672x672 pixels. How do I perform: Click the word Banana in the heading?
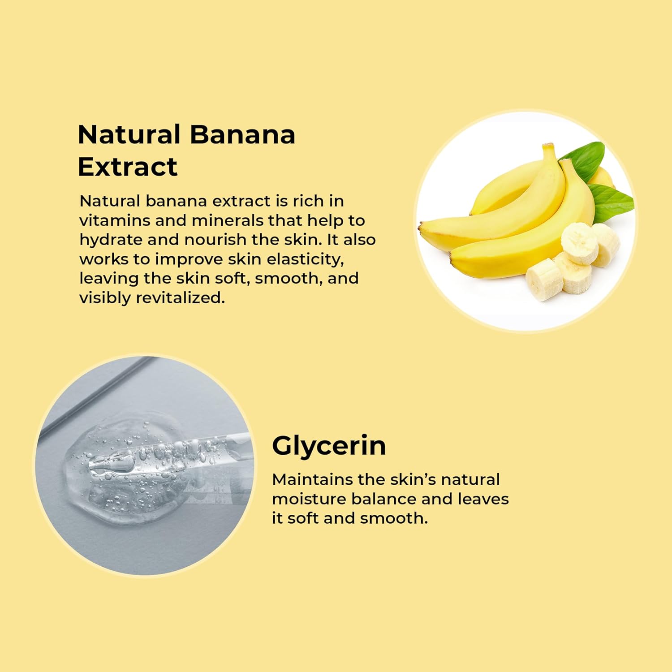(x=242, y=134)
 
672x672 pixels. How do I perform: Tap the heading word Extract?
(x=128, y=167)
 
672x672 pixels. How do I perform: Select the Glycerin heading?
(x=329, y=447)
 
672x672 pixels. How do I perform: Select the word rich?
(x=308, y=201)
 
